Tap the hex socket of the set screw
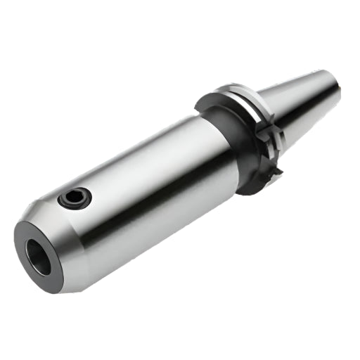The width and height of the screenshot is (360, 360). coord(75,198)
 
